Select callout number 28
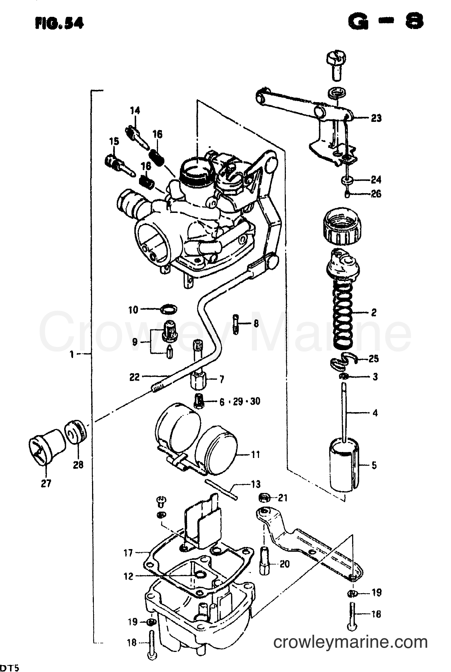pos(78,465)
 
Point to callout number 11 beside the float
pos(255,454)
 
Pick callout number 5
pos(374,466)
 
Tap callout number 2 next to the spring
pos(374,313)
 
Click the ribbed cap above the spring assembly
pos(342,225)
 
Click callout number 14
pos(135,110)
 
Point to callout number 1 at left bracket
pos(72,355)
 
